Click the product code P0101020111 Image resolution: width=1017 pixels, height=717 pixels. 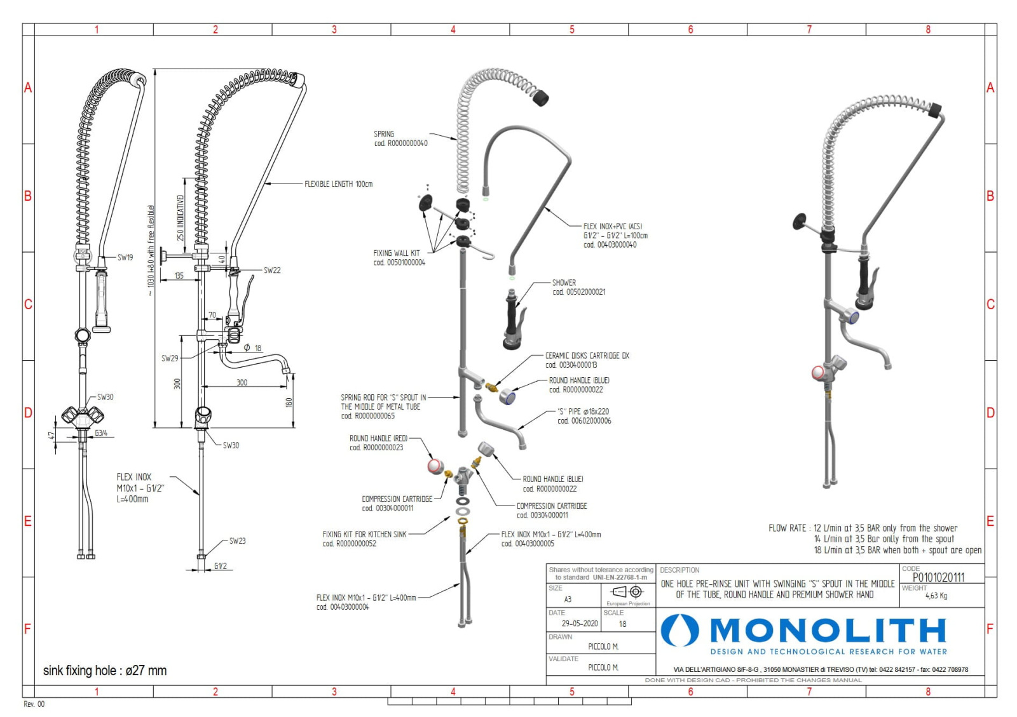(x=938, y=577)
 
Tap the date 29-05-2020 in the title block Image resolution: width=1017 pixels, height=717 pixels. (x=579, y=624)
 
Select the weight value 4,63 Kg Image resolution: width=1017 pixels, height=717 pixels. (x=936, y=596)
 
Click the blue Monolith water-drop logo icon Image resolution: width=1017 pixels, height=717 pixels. (x=679, y=631)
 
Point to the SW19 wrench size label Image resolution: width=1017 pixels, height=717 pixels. (x=125, y=257)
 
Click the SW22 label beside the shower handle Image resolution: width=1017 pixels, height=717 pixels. (x=272, y=270)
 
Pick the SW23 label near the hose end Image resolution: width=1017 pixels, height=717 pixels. (x=237, y=541)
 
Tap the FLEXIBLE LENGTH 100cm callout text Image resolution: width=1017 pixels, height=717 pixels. (x=338, y=184)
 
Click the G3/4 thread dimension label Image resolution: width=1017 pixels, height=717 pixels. (x=101, y=433)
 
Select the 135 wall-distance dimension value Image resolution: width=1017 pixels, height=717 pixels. (x=179, y=276)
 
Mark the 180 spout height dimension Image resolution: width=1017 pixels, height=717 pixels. (x=289, y=402)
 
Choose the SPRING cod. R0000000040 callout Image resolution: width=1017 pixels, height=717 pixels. (x=400, y=138)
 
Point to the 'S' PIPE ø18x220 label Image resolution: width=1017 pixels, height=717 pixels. (x=584, y=416)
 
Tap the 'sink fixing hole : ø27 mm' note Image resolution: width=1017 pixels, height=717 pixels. (x=105, y=671)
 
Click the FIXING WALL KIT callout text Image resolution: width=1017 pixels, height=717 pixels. (x=399, y=257)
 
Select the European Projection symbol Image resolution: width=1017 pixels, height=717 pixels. (x=628, y=593)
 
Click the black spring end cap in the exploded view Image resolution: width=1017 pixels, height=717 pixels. (x=540, y=98)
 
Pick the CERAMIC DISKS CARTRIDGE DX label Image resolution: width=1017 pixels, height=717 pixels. (x=587, y=360)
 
